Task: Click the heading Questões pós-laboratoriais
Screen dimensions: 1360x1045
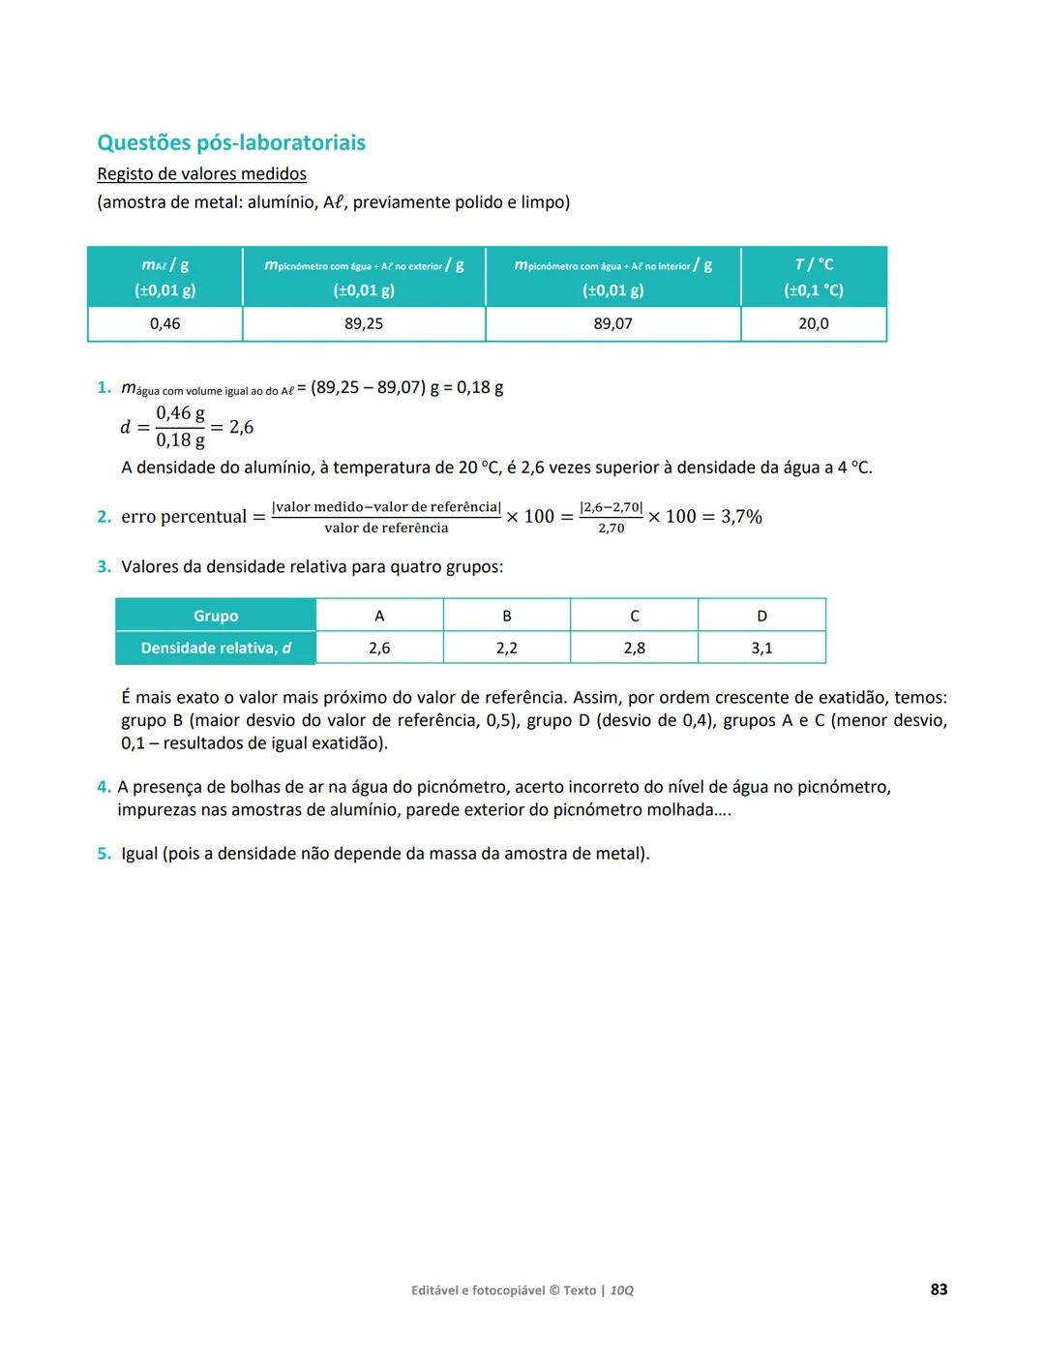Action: [x=231, y=142]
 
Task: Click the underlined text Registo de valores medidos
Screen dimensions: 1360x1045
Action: [x=201, y=174]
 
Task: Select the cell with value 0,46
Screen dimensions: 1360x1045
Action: [x=164, y=323]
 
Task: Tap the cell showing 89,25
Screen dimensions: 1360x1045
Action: [x=364, y=323]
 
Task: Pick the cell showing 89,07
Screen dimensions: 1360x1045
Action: [x=612, y=323]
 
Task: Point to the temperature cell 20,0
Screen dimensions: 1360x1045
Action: [x=813, y=323]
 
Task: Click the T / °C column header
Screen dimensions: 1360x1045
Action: [x=813, y=277]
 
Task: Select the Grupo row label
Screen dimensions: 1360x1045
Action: [x=216, y=616]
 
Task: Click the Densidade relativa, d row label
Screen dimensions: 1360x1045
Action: [x=216, y=648]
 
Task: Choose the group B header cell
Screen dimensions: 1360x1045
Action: [x=507, y=616]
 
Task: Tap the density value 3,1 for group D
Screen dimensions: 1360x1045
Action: [x=761, y=648]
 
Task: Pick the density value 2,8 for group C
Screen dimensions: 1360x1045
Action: [x=634, y=648]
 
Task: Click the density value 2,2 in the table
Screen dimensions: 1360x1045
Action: [x=507, y=648]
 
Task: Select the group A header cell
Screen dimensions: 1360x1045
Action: [x=379, y=616]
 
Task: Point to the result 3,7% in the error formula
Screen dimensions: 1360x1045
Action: [x=741, y=517]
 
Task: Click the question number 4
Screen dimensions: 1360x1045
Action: [x=104, y=787]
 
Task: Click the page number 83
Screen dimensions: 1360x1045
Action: [x=939, y=1289]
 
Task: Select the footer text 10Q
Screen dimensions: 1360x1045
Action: [x=622, y=1290]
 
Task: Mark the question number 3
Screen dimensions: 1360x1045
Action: [x=104, y=567]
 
